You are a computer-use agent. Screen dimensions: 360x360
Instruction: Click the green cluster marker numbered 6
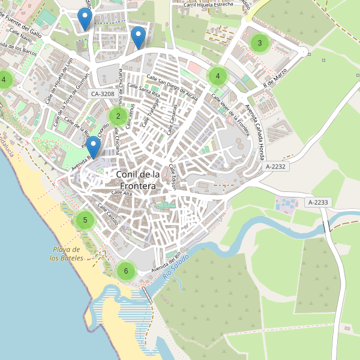click(125, 271)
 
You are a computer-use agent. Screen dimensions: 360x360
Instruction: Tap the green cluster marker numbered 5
click(85, 220)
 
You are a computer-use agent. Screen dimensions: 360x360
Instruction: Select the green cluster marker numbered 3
click(259, 43)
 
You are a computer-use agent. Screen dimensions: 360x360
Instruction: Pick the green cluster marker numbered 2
click(118, 116)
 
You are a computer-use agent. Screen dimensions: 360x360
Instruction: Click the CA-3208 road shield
click(103, 94)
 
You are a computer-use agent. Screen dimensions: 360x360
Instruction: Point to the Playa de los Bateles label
click(67, 254)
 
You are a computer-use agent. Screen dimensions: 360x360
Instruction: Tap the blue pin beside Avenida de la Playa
click(93, 148)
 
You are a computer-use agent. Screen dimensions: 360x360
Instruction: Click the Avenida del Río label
click(166, 263)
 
